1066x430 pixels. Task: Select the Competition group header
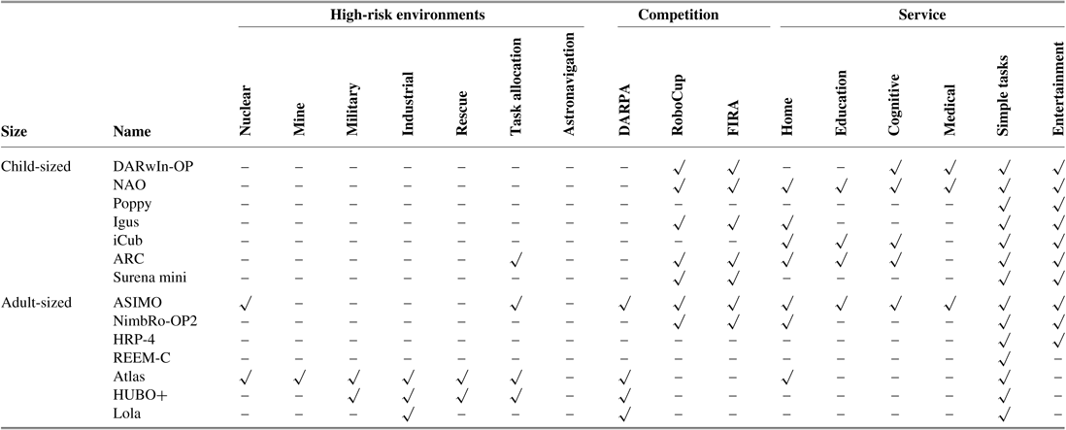tap(678, 16)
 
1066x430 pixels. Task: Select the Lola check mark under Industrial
tap(408, 414)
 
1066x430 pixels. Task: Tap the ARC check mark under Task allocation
tap(516, 259)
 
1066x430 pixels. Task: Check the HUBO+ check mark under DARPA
tap(625, 394)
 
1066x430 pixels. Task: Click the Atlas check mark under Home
tap(787, 374)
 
